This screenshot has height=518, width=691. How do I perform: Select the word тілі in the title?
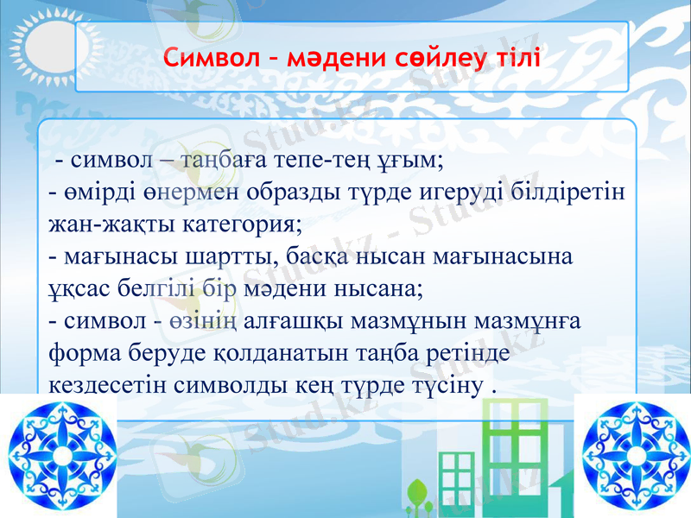[512, 59]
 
